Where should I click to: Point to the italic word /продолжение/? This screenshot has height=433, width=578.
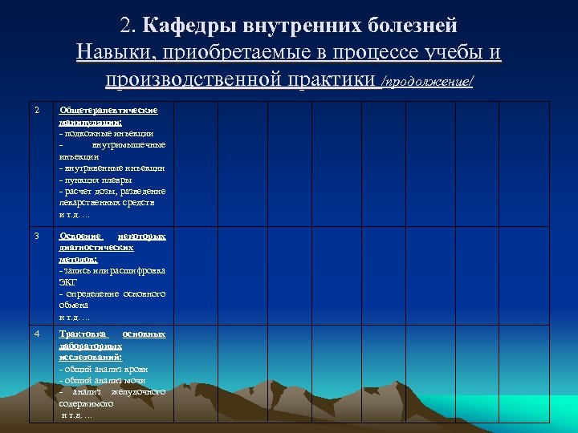[x=427, y=82]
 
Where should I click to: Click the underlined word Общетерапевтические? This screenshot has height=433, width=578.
[x=108, y=110]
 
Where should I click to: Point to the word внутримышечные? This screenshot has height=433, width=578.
[x=128, y=145]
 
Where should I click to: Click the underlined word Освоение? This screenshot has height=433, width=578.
[x=81, y=237]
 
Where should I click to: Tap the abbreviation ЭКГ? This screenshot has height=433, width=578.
[x=68, y=282]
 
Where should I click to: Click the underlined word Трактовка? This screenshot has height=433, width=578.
[x=83, y=334]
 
